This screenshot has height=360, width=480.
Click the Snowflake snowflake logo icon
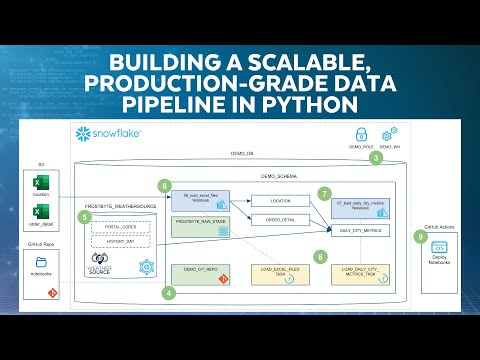pyautogui.click(x=83, y=133)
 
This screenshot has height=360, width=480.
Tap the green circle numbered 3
pyautogui.click(x=376, y=157)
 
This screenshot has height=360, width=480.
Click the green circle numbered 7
pyautogui.click(x=323, y=192)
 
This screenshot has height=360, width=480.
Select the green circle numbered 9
pyautogui.click(x=419, y=236)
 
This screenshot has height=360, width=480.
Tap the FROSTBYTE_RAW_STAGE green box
pyautogui.click(x=204, y=220)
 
